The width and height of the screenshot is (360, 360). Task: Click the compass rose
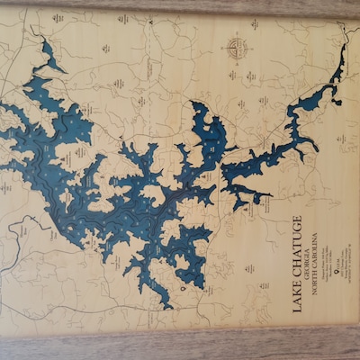pyautogui.click(x=238, y=47)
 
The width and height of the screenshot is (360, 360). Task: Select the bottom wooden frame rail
pyautogui.click(x=180, y=346)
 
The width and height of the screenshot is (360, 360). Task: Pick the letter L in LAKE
pyautogui.click(x=297, y=310)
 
